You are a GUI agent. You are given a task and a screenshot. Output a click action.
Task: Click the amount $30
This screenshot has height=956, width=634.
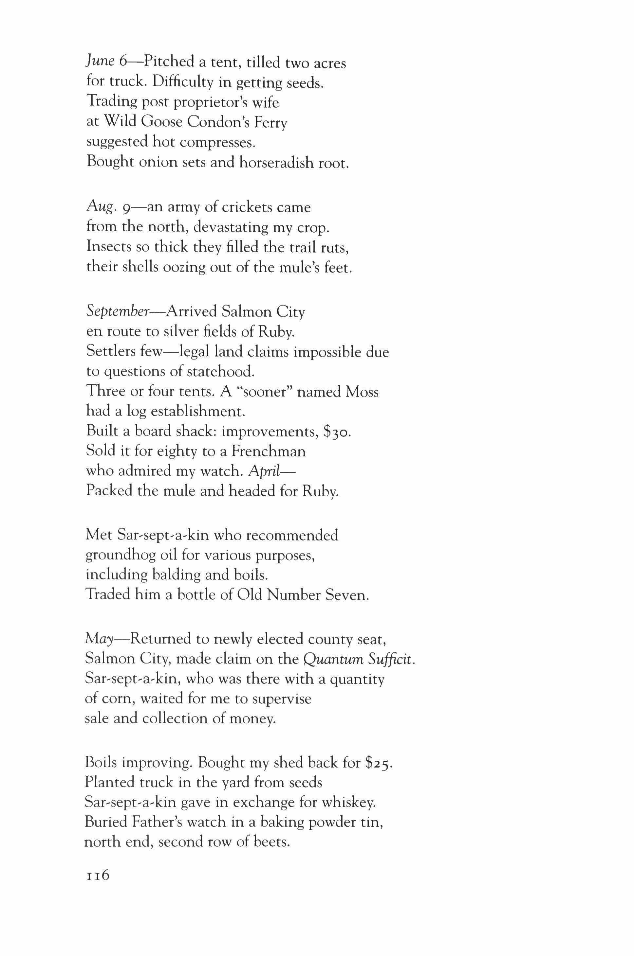(x=337, y=432)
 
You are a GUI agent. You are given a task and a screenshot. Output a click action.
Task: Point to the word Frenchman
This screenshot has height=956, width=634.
(x=269, y=451)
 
